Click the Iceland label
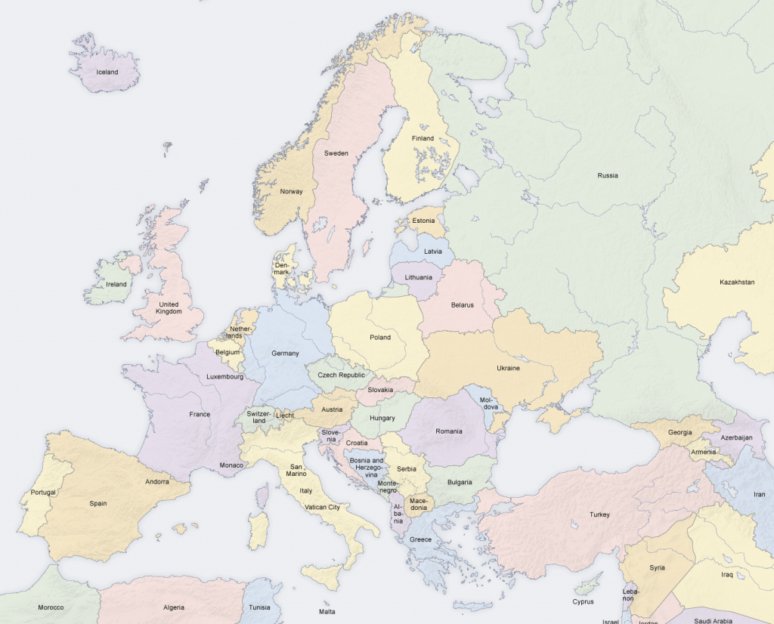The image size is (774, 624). click(x=107, y=72)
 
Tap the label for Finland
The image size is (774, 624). click(x=423, y=138)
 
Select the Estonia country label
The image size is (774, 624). click(x=423, y=221)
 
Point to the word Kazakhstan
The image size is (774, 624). click(x=736, y=282)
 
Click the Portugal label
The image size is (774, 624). click(x=43, y=493)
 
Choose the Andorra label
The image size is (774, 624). click(x=157, y=481)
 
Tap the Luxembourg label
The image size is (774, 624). click(x=224, y=376)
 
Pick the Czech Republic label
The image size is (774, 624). click(x=341, y=375)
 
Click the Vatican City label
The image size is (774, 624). click(x=322, y=507)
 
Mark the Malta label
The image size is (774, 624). click(x=327, y=611)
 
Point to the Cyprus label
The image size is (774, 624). click(x=583, y=602)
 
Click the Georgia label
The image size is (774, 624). click(x=680, y=432)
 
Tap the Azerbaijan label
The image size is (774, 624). click(x=736, y=437)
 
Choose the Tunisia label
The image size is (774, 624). click(x=259, y=607)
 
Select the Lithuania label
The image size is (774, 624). click(x=419, y=277)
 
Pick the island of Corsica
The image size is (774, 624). click(x=262, y=496)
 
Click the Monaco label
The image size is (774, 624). click(x=231, y=465)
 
